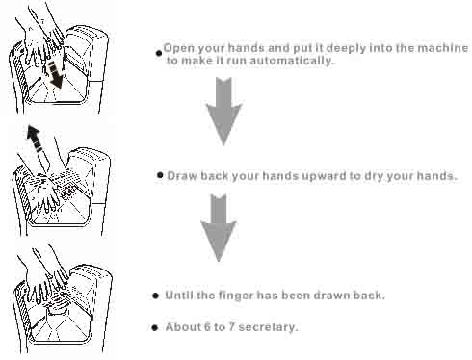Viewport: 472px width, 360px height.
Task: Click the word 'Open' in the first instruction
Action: (x=178, y=48)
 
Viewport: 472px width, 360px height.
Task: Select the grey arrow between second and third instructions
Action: (x=219, y=227)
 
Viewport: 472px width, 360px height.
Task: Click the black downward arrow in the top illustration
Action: (x=55, y=75)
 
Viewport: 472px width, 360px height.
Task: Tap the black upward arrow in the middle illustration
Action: (x=35, y=138)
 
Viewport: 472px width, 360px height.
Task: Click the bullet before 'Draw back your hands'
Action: (x=160, y=175)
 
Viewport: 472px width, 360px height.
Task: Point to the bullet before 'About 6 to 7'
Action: (x=155, y=327)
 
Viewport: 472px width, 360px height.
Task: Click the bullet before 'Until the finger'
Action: (x=156, y=296)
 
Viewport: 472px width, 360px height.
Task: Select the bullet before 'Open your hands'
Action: (x=159, y=53)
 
